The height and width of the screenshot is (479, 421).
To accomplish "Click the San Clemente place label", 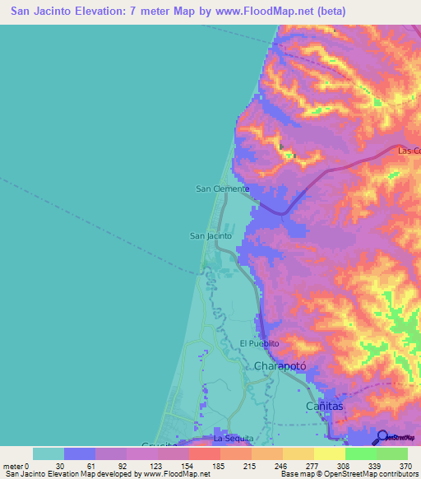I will pyautogui.click(x=222, y=188).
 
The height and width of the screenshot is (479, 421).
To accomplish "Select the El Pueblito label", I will pyautogui.click(x=259, y=343).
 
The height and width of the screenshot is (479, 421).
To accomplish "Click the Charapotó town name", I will pyautogui.click(x=280, y=365).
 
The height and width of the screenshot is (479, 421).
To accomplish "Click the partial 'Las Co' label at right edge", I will pyautogui.click(x=409, y=151).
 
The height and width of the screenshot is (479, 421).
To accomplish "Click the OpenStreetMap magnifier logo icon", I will pyautogui.click(x=382, y=436).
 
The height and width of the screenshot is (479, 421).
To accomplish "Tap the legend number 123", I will pyautogui.click(x=157, y=465).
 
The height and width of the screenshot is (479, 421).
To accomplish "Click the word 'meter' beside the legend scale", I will pyautogui.click(x=13, y=465).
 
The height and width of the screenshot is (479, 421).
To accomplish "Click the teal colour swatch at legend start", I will pyautogui.click(x=49, y=453).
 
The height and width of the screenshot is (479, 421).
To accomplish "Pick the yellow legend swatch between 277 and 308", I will pyautogui.click(x=329, y=453).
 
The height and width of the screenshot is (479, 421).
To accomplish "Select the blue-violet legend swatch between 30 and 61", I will pyautogui.click(x=80, y=453).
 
